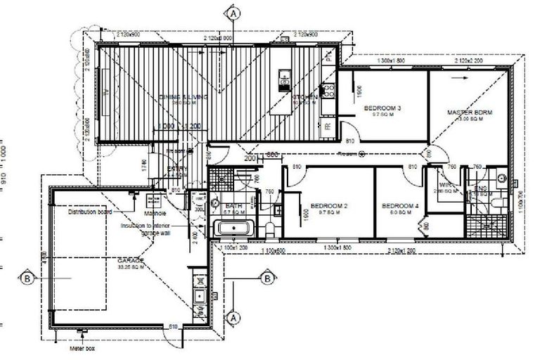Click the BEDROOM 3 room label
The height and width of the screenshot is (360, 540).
tap(382, 108)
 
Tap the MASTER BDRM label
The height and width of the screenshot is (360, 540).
tap(467, 112)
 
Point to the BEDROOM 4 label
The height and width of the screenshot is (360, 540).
tap(401, 206)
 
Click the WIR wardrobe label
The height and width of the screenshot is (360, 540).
tap(444, 186)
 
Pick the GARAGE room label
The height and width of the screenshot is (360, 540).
tap(131, 260)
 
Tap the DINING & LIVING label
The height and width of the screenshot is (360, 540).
tap(184, 97)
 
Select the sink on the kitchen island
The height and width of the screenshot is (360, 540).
tap(285, 75)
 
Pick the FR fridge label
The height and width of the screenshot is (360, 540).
tap(328, 126)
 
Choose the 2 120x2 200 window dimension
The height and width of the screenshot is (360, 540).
tap(470, 62)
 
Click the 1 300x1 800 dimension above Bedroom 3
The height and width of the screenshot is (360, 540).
tap(392, 62)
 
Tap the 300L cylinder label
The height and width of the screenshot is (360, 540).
tap(200, 209)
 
